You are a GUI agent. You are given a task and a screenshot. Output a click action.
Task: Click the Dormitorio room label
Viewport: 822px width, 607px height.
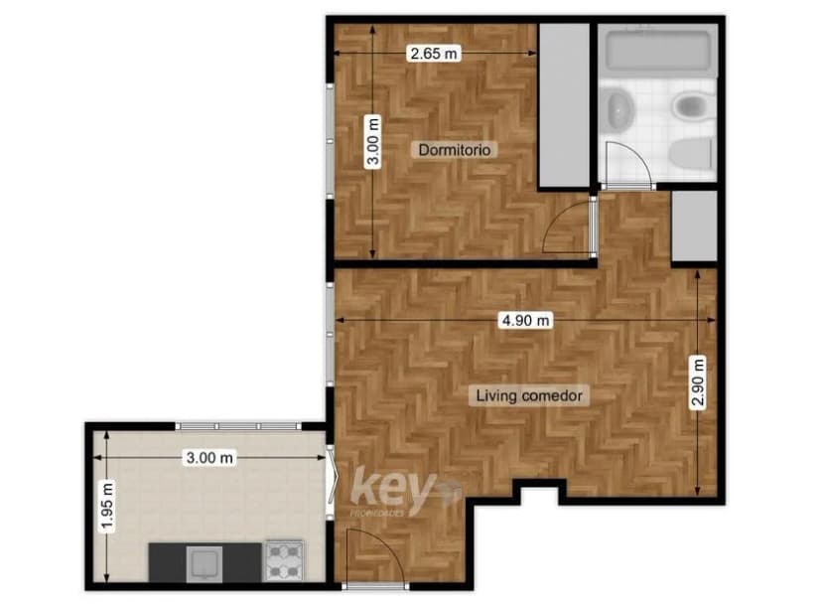(x=456, y=150)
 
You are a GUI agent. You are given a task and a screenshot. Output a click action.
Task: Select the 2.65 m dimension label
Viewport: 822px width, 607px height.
(x=433, y=55)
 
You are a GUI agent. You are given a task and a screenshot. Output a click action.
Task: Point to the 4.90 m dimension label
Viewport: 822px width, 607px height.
(x=525, y=320)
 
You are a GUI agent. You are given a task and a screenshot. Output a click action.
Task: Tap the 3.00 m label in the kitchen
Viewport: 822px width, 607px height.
(x=209, y=458)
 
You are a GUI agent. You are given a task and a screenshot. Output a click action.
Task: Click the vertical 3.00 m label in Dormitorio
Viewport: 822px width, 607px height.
(x=373, y=142)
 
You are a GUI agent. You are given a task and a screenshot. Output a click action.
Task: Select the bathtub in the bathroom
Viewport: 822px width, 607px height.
(x=656, y=53)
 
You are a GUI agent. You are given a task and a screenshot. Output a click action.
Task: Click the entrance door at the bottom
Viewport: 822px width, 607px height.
(x=369, y=556)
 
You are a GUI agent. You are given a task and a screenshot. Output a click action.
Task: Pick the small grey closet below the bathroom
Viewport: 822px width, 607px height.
(x=693, y=226)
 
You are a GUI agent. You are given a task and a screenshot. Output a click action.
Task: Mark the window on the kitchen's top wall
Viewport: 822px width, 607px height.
(x=237, y=426)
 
